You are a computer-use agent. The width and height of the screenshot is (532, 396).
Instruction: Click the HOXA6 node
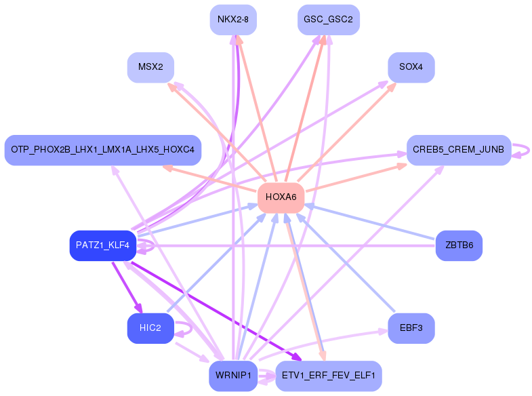click(281, 198)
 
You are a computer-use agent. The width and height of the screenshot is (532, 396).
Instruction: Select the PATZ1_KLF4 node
click(103, 245)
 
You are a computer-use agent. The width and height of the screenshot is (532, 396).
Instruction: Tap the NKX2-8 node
click(233, 20)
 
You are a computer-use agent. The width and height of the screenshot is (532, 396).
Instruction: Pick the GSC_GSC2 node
click(329, 20)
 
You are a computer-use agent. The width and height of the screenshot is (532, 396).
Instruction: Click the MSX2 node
click(150, 67)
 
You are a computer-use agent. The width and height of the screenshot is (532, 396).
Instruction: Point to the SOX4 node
click(411, 67)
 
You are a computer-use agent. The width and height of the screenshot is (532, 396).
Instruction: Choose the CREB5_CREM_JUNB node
click(459, 150)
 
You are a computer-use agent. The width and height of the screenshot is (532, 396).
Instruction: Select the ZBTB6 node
click(459, 245)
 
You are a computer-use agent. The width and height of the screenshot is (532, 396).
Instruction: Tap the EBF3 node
click(411, 328)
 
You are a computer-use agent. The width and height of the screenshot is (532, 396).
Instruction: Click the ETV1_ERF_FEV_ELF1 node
click(329, 376)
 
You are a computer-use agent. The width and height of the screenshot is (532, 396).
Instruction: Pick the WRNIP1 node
click(233, 376)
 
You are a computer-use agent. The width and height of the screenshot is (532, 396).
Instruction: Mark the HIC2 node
click(150, 328)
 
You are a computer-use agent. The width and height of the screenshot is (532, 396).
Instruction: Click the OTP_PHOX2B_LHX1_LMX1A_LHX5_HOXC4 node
click(103, 150)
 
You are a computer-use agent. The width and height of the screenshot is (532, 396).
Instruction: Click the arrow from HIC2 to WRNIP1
click(192, 353)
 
